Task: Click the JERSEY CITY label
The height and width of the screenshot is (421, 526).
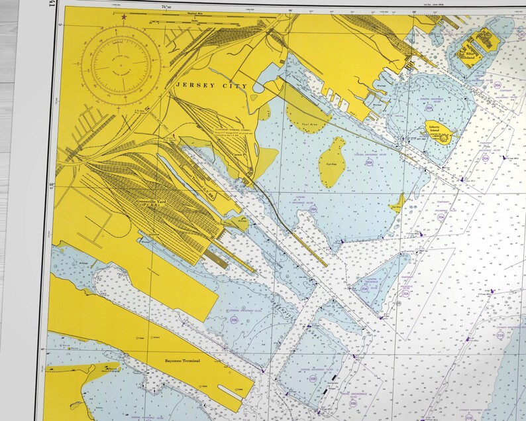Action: (211, 86)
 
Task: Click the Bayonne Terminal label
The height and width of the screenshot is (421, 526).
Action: (182, 361)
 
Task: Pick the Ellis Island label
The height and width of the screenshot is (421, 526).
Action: (469, 56)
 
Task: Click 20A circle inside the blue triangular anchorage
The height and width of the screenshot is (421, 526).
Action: (364, 288)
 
